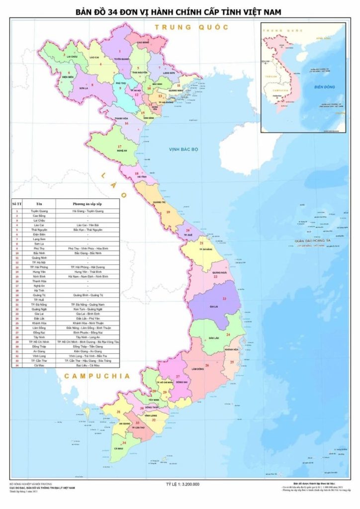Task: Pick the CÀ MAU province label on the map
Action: [118, 448]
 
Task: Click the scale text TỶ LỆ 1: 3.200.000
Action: [182, 484]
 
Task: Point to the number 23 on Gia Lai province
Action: [224, 298]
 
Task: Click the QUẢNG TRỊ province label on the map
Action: [159, 203]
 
